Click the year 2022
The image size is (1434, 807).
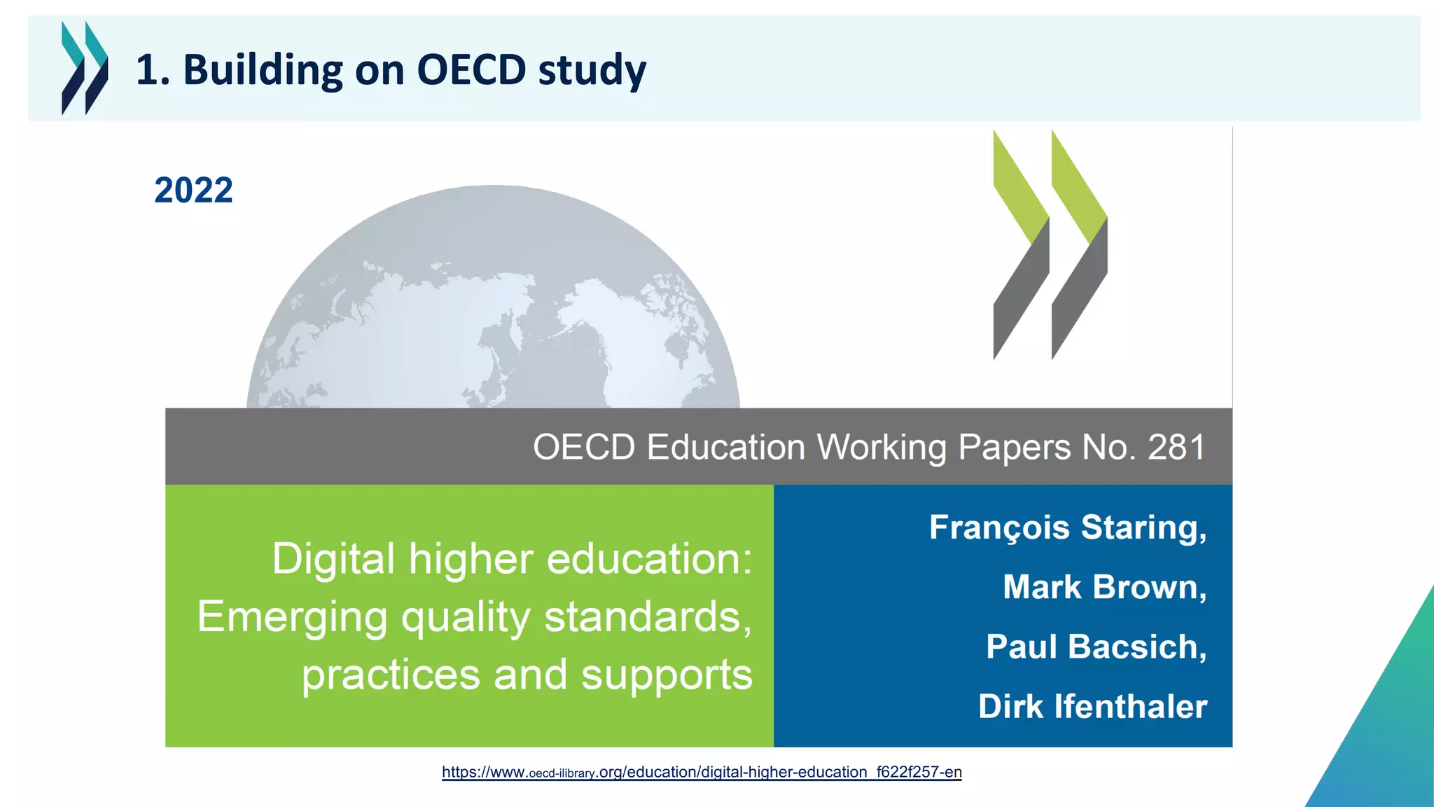point(193,191)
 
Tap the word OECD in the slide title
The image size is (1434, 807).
point(471,70)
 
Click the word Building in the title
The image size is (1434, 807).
point(263,71)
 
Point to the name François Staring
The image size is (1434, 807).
point(1068,527)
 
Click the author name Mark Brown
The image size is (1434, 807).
point(1104,587)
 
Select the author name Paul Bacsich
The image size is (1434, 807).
point(1096,647)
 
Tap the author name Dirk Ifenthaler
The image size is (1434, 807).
point(1092,706)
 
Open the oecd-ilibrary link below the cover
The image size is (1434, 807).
point(702,772)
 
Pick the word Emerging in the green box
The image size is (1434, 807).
point(292,617)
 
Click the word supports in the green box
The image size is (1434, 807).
point(667,675)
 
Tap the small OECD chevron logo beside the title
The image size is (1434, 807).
point(85,68)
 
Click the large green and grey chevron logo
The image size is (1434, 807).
point(1050,244)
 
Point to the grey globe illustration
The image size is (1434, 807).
point(493,301)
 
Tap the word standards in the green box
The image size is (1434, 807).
point(648,617)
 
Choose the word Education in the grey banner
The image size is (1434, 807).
point(725,447)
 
